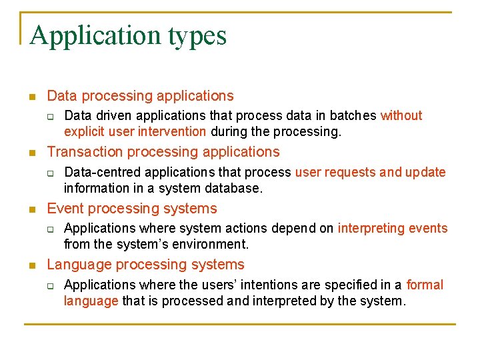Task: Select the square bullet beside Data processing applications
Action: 31,97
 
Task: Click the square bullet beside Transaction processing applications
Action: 31,153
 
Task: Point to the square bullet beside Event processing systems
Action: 31,210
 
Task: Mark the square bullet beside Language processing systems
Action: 31,266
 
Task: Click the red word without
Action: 401,115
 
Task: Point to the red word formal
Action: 425,285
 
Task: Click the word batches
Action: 353,115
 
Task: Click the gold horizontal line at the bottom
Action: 239,325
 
